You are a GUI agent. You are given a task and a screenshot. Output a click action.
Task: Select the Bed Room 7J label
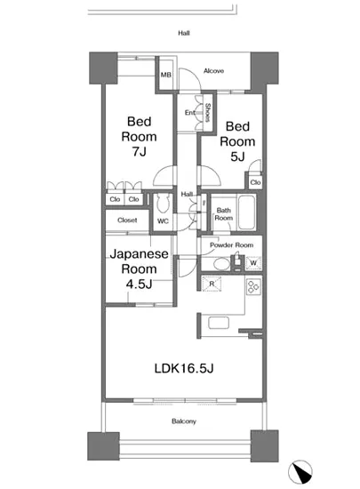tap(141, 137)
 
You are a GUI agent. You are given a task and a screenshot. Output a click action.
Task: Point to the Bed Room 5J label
tap(237, 141)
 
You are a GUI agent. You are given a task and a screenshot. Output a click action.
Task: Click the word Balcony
tap(184, 421)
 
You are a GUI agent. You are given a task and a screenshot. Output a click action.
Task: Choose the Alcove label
tap(213, 71)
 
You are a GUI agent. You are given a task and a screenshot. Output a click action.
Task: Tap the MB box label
tap(165, 76)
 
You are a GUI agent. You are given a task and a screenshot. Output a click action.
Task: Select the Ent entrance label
tap(190, 113)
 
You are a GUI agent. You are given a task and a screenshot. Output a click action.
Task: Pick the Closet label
tap(126, 220)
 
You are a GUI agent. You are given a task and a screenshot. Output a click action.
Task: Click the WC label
tap(163, 220)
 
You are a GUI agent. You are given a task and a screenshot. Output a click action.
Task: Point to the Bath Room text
tap(224, 214)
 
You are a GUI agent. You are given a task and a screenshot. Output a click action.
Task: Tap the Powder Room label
tap(232, 245)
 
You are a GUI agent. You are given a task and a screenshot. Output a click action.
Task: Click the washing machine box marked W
tap(254, 263)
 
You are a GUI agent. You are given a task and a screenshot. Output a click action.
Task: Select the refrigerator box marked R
tap(211, 285)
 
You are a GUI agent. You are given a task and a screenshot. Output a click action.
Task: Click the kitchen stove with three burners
tap(252, 286)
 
